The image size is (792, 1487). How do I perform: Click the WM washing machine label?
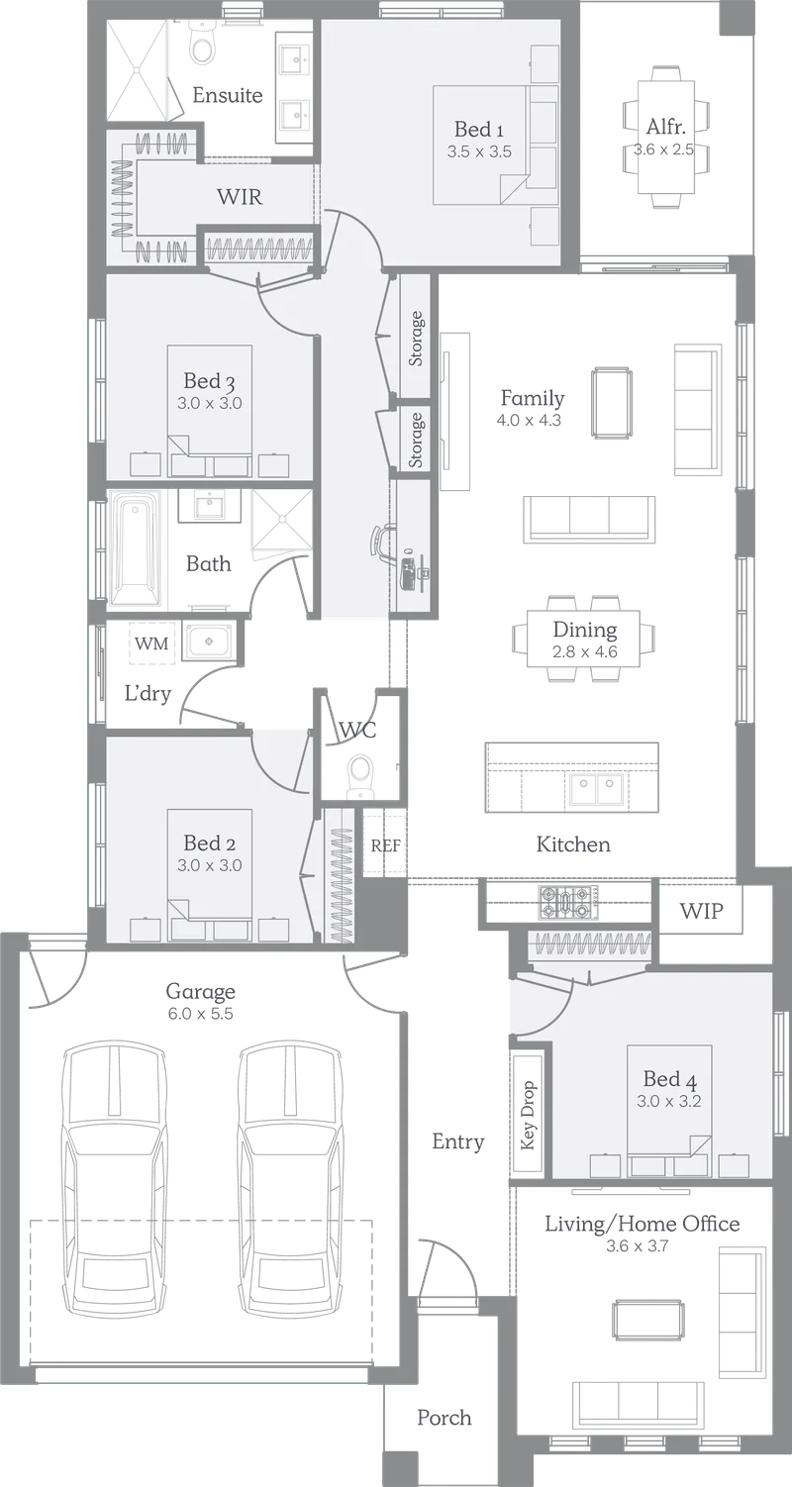click(x=151, y=644)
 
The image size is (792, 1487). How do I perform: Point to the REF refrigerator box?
click(x=385, y=845)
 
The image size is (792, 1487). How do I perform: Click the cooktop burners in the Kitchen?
click(x=563, y=902)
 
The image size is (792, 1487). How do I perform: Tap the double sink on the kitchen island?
click(x=596, y=790)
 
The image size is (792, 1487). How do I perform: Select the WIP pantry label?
click(x=701, y=911)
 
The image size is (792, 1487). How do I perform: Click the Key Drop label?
click(x=529, y=1116)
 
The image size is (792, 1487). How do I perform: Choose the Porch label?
click(x=445, y=1418)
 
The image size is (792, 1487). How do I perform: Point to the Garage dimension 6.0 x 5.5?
click(x=200, y=1014)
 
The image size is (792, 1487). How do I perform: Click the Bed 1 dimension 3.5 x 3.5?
click(x=479, y=152)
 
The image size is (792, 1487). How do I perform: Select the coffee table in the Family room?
click(x=612, y=403)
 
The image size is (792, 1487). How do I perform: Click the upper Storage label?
click(x=416, y=338)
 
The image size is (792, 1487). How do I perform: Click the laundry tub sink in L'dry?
click(x=209, y=642)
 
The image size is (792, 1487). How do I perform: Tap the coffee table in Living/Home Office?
click(x=647, y=1319)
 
